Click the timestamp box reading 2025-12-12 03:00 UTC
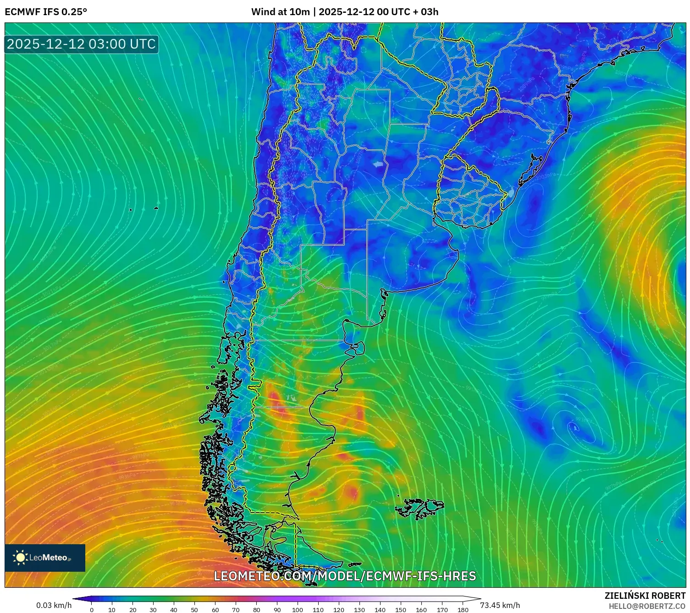(81, 44)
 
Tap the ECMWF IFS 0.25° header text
(46, 12)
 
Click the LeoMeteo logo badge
(45, 558)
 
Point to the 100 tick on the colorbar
(298, 610)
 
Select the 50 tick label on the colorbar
(194, 610)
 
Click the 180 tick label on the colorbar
(463, 610)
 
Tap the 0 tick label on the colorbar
(92, 610)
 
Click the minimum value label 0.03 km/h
(54, 605)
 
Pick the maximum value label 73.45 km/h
(500, 605)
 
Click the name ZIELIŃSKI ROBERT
(645, 596)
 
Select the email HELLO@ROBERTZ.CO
(647, 606)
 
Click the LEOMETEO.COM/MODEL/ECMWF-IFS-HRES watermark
(345, 576)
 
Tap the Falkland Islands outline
(420, 508)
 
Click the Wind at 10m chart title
(345, 12)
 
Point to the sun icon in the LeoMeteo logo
(21, 558)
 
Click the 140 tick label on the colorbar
(380, 610)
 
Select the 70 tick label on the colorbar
(236, 610)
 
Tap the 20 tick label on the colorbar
(133, 610)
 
